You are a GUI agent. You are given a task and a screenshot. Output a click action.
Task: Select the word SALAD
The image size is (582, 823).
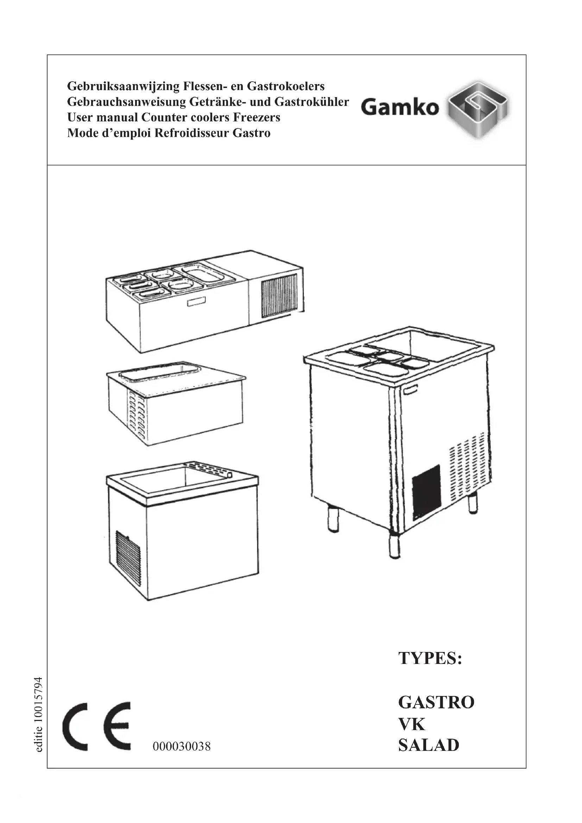click(429, 745)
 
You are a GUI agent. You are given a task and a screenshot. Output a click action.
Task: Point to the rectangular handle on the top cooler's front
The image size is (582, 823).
click(196, 303)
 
